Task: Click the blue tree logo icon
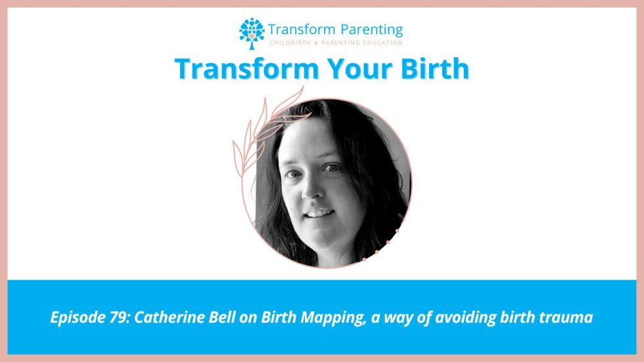click(x=252, y=32)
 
